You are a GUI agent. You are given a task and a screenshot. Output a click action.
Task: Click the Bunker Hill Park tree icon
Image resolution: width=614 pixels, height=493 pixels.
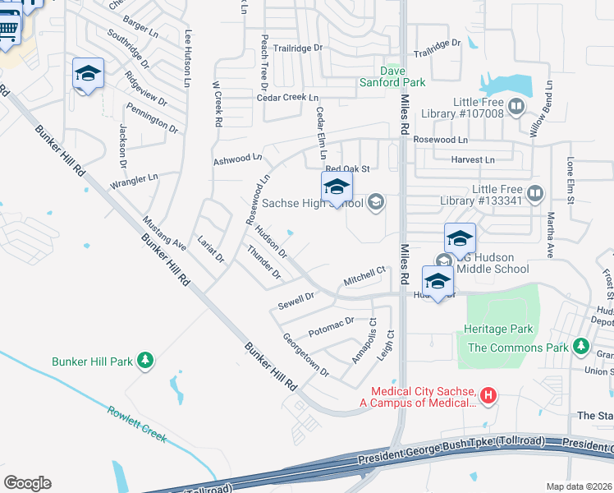pyautogui.click(x=145, y=361)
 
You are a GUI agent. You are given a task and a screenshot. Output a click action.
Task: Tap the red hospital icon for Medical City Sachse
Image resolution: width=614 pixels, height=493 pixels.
pyautogui.click(x=488, y=396)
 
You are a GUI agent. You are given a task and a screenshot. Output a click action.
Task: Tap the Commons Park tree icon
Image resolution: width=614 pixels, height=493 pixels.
pyautogui.click(x=581, y=347)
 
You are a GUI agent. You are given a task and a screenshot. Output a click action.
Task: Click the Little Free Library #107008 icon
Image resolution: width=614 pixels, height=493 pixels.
pyautogui.click(x=516, y=106)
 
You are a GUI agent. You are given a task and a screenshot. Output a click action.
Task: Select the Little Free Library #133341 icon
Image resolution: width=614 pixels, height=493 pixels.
pyautogui.click(x=535, y=194)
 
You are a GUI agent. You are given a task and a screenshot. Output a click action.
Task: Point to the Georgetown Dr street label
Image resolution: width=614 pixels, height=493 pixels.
pyautogui.click(x=305, y=355)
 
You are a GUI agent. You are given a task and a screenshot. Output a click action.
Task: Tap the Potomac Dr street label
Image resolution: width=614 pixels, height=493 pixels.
pyautogui.click(x=331, y=327)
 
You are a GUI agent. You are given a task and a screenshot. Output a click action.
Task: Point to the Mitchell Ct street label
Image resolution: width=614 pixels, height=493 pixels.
pyautogui.click(x=364, y=275)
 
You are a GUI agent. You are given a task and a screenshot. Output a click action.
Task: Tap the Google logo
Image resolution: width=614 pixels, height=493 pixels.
pyautogui.click(x=27, y=483)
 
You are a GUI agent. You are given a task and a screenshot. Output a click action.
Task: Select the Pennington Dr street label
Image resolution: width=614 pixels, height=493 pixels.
pyautogui.click(x=151, y=117)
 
